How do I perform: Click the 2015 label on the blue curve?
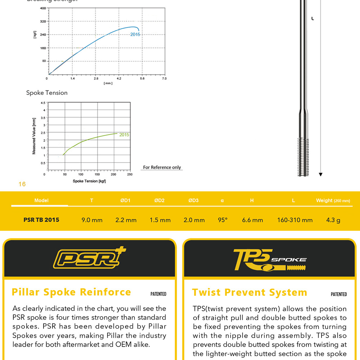coord(135,35)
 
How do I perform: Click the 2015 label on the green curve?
coord(124,135)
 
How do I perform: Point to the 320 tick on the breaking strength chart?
coord(43,21)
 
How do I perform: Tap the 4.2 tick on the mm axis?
coord(119,78)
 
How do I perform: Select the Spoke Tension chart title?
coord(47,93)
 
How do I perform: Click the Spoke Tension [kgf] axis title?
coord(89,181)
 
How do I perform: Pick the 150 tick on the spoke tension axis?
coord(97,175)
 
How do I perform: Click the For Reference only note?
coord(162,167)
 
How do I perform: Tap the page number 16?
coord(22,184)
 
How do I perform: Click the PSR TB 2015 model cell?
coord(41,220)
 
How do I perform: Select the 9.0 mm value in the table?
coord(92,220)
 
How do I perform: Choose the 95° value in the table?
coord(222,220)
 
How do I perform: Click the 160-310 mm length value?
coord(294,220)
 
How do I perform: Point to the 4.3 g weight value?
coord(333,220)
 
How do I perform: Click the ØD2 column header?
coord(159,201)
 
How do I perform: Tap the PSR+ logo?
coord(89,258)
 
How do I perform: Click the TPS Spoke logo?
coord(269,259)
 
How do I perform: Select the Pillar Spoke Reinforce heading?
coord(71,292)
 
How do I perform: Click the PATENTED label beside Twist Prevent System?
coord(339,294)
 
